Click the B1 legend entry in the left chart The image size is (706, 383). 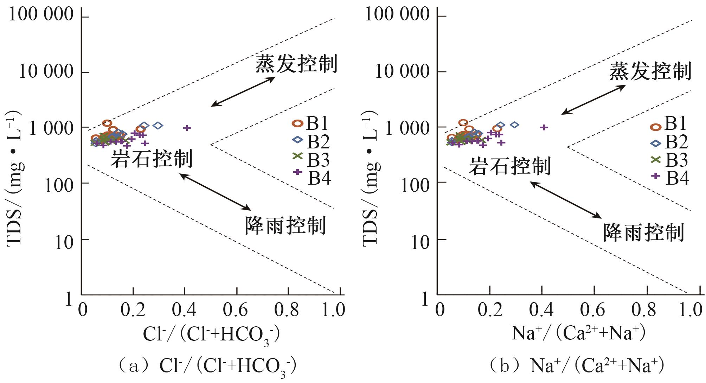tap(311, 123)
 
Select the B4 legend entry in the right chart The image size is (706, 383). tap(670, 178)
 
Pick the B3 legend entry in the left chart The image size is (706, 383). tap(312, 160)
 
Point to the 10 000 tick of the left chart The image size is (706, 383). tap(46, 72)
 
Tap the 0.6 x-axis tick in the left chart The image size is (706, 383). tap(236, 310)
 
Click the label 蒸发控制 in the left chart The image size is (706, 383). tap(296, 64)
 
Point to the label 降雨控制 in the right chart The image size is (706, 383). tap(643, 232)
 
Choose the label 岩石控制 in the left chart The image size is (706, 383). tap(152, 159)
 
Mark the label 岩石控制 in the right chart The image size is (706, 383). tap(510, 166)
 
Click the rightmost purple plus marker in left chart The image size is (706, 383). tap(187, 128)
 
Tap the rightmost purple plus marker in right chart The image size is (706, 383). tap(544, 127)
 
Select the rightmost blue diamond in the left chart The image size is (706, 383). tap(158, 126)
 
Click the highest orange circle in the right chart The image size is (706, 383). tap(463, 123)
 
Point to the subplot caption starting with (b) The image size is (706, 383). tap(577, 366)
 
